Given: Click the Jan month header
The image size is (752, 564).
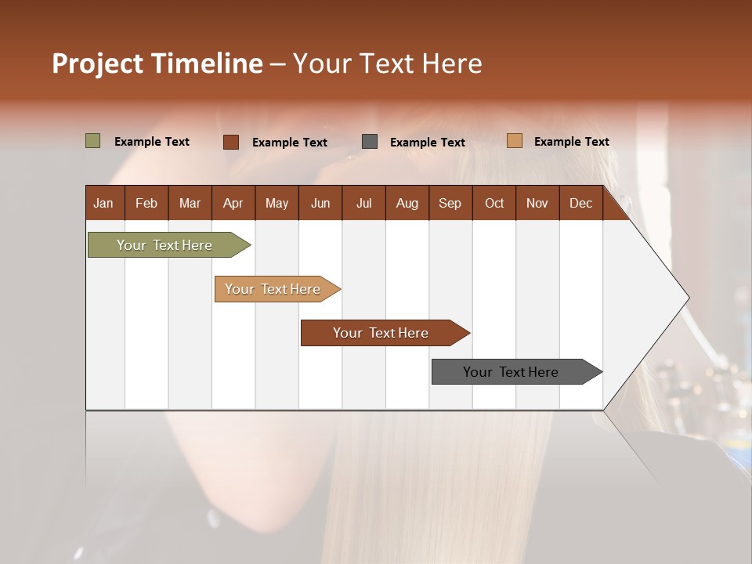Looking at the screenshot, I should (x=103, y=203).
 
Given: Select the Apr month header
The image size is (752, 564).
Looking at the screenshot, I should (x=233, y=203).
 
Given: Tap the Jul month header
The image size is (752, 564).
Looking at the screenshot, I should (x=363, y=203).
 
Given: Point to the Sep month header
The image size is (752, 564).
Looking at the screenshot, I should (x=450, y=203).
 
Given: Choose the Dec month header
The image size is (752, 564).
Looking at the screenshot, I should (x=580, y=203).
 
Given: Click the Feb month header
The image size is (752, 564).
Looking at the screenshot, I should (x=146, y=203).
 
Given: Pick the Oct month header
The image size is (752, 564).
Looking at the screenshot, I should (x=494, y=203).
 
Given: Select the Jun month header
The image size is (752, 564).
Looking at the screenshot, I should (x=320, y=203).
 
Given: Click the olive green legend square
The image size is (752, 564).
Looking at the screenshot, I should (x=93, y=141).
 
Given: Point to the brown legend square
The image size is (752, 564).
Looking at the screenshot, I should (x=231, y=142).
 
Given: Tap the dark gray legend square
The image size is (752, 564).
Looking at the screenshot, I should (x=370, y=142).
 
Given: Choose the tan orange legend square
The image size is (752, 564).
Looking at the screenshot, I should (x=515, y=141).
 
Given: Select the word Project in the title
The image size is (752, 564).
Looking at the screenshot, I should (x=98, y=63).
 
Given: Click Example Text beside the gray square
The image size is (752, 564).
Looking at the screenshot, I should (x=427, y=143).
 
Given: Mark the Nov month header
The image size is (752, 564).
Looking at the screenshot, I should (x=537, y=203).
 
